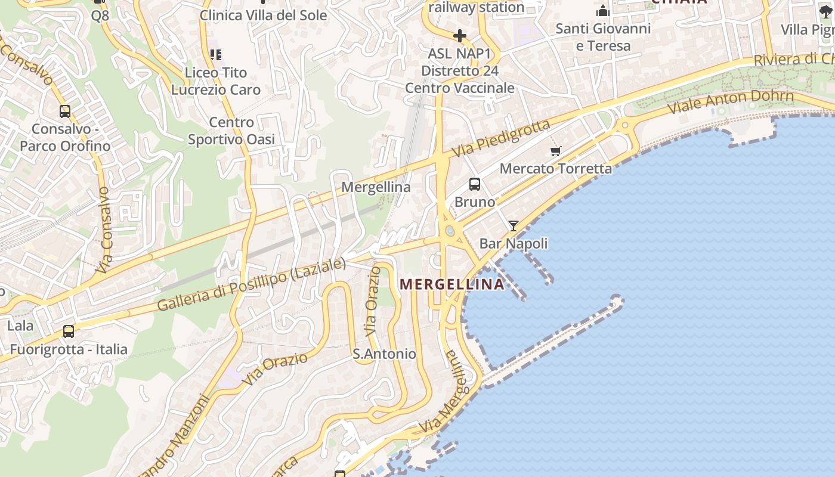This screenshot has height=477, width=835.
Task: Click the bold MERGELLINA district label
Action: point(452,284)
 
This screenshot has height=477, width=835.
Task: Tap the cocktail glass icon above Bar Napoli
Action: point(513,226)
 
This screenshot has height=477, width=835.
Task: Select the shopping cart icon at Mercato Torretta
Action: point(556,151)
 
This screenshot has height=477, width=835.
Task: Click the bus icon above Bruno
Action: point(475,184)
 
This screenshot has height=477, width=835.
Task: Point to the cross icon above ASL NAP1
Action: point(459,36)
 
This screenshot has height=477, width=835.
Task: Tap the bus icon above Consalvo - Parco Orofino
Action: point(64,111)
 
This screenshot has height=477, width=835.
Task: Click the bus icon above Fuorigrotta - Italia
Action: point(69,332)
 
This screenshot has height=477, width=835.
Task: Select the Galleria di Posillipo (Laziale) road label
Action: point(251,284)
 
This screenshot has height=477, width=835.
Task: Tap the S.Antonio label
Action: point(384,354)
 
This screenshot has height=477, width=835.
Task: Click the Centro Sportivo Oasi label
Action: point(231,131)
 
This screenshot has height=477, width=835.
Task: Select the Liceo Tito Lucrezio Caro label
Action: point(216,81)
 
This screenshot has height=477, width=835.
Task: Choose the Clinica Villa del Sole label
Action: point(263,16)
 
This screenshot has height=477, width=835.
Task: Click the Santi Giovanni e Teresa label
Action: point(603,37)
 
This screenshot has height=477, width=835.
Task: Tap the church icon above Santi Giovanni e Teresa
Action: point(603,11)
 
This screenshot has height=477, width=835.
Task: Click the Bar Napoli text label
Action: point(514,243)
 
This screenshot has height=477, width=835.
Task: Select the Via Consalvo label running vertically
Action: point(105,230)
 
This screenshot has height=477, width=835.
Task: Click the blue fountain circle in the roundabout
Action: point(450,231)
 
